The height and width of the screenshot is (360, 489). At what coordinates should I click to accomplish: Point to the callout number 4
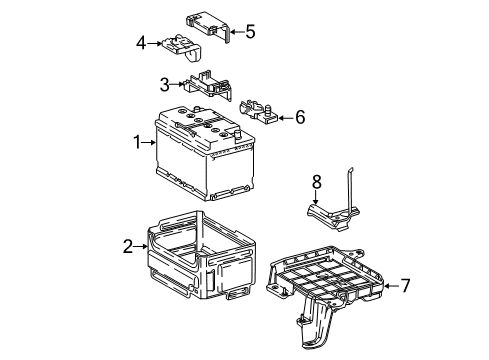[142, 42]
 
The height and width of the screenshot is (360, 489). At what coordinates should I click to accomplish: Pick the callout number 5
[249, 32]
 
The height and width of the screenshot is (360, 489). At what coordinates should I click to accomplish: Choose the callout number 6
[299, 117]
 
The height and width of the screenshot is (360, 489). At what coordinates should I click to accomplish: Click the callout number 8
[316, 182]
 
